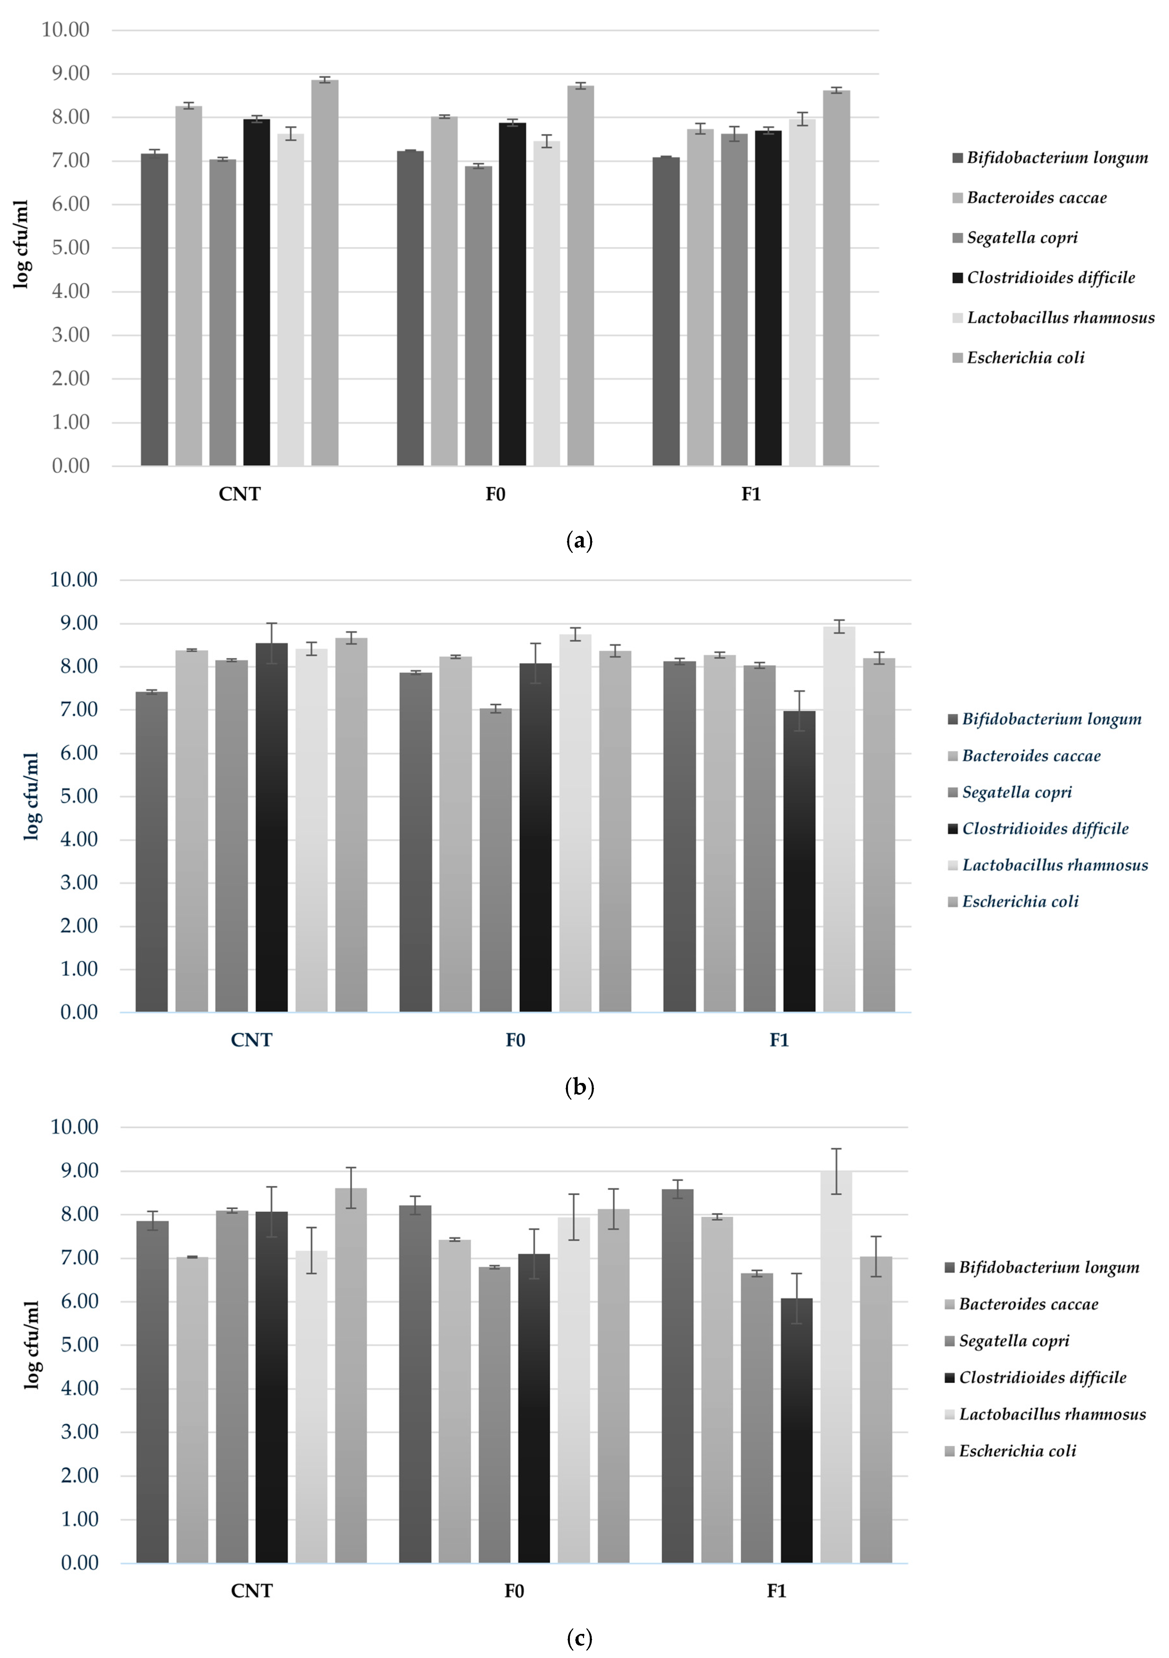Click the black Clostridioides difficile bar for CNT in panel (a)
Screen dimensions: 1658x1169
256,292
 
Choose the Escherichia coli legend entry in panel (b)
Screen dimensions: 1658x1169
1020,901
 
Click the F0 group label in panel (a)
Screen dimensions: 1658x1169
495,495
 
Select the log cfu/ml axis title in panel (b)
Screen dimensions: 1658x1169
32,796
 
